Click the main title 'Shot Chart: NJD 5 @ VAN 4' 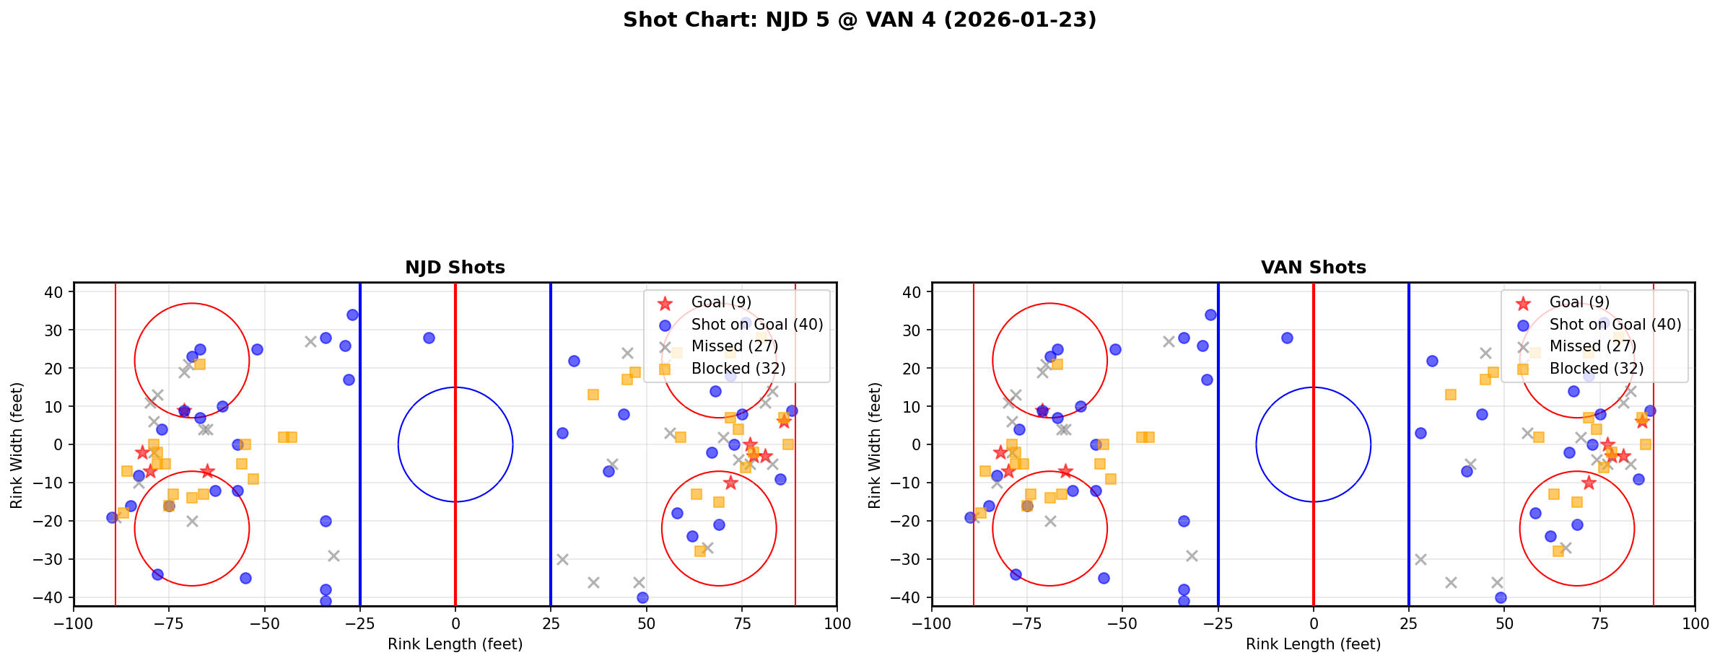(859, 20)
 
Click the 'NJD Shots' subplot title (455, 268)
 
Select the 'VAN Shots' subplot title (1313, 268)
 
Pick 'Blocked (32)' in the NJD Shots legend (738, 369)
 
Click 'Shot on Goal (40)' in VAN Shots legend (1615, 325)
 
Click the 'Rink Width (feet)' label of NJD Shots (17, 444)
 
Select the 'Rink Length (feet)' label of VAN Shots (1313, 644)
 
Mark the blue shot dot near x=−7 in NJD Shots (429, 338)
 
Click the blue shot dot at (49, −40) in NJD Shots (642, 597)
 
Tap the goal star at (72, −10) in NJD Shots (730, 483)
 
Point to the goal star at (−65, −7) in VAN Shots (1065, 471)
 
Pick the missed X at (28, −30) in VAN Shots (1420, 559)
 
